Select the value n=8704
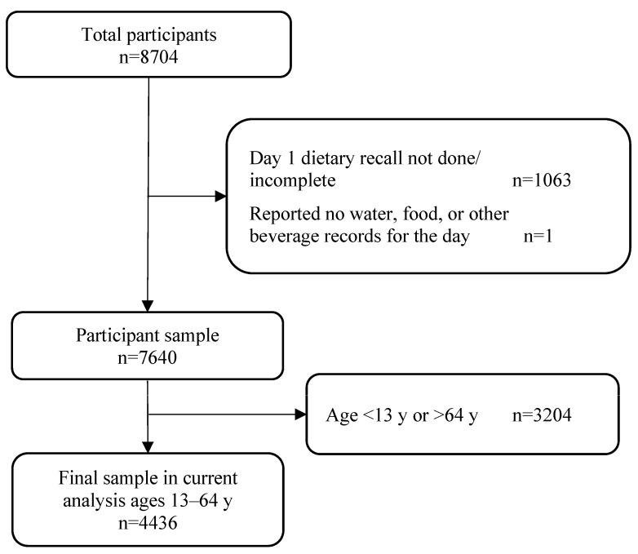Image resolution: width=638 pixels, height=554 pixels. (148, 57)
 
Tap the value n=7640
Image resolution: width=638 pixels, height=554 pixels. (148, 355)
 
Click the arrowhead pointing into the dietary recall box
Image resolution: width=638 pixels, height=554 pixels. (219, 196)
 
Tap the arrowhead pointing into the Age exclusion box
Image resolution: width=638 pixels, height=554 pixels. (298, 414)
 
